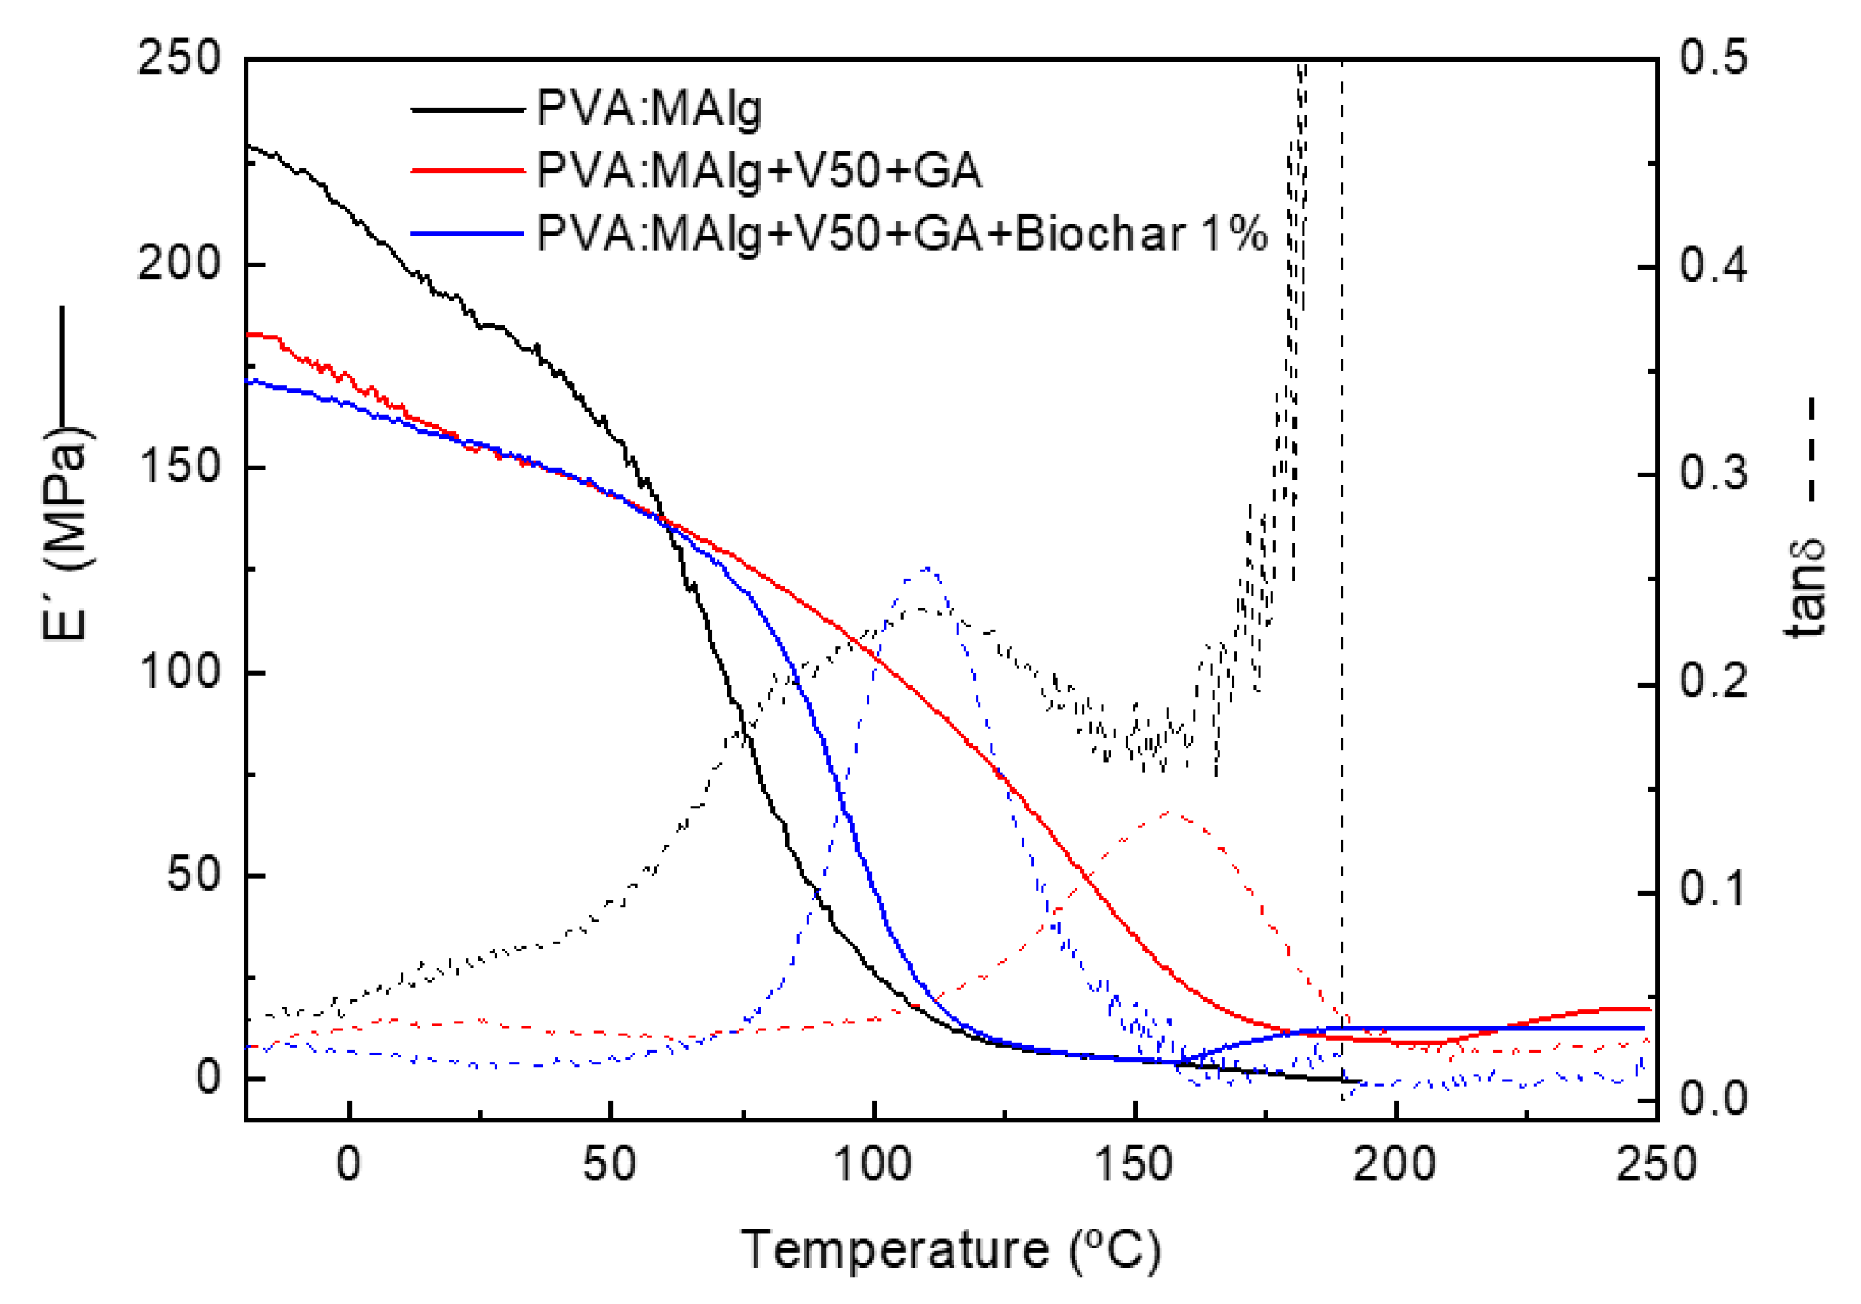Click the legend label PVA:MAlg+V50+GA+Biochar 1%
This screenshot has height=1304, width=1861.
tap(901, 234)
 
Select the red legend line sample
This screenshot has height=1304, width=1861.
tap(468, 171)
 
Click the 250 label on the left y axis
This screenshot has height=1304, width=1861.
tap(179, 59)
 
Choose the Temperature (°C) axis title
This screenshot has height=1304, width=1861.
tap(951, 1249)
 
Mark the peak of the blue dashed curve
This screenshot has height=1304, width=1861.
tap(927, 569)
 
